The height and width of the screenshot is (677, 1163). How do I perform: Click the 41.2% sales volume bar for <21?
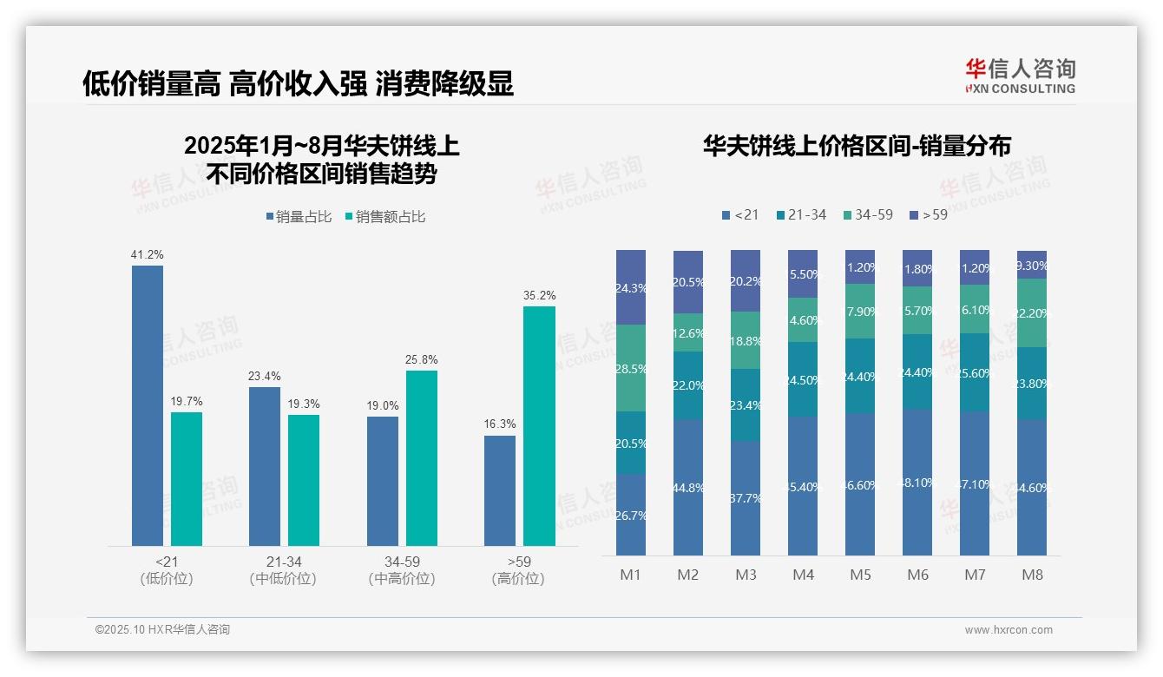tap(148, 405)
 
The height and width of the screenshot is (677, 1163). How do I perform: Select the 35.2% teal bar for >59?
tap(539, 425)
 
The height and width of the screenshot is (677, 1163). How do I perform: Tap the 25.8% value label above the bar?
tap(422, 359)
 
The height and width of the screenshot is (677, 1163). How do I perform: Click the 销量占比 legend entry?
tap(299, 217)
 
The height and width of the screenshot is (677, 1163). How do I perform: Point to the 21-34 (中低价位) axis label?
tap(282, 570)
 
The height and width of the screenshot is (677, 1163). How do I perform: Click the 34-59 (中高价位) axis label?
tap(402, 570)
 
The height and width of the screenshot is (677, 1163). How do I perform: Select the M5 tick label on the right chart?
tap(860, 575)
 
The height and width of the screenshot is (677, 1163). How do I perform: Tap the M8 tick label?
tap(1031, 575)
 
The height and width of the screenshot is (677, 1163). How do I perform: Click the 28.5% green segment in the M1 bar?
tap(631, 368)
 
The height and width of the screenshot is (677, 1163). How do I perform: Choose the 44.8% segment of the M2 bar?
tap(688, 488)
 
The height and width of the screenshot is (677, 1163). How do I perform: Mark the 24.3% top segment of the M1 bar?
tap(631, 287)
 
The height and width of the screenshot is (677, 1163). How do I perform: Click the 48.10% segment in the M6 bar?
tap(917, 483)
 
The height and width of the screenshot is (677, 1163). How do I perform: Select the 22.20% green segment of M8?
tap(1032, 313)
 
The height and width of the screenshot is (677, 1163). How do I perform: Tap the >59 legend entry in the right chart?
tap(929, 214)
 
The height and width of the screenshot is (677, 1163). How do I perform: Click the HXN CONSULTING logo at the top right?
tap(1020, 76)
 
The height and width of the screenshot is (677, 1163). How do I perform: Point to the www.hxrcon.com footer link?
tap(1009, 630)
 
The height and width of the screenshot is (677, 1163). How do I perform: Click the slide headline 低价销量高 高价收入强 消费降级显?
tap(298, 83)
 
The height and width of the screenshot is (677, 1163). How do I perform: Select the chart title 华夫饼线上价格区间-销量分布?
tap(857, 146)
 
